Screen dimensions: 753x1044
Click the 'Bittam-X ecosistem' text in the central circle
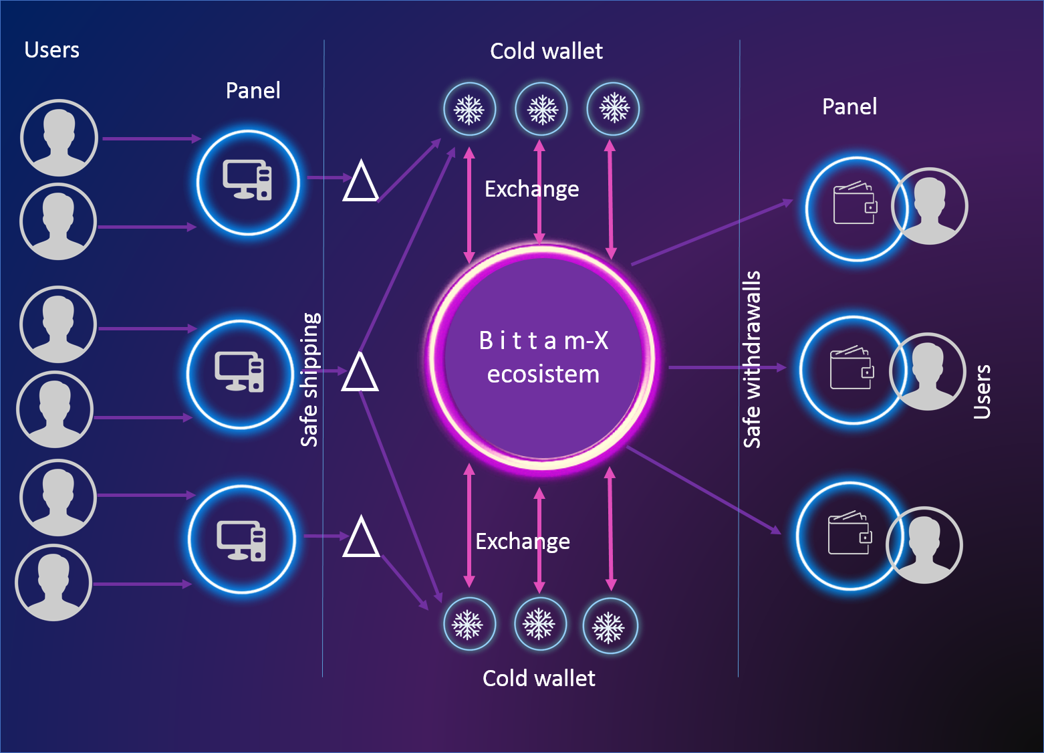pyautogui.click(x=543, y=357)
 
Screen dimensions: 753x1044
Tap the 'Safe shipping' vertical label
pyautogui.click(x=309, y=379)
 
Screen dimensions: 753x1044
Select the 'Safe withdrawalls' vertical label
pyautogui.click(x=752, y=359)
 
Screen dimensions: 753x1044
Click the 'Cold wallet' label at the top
pyautogui.click(x=546, y=51)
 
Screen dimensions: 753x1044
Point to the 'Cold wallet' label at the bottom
pyautogui.click(x=539, y=678)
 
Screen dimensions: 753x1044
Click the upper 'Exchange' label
pyautogui.click(x=531, y=189)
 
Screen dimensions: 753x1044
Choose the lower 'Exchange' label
pyautogui.click(x=523, y=541)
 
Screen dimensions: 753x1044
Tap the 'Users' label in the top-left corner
pyautogui.click(x=51, y=50)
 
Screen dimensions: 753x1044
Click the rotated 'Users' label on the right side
pyautogui.click(x=982, y=392)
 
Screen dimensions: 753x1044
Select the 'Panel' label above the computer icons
pyautogui.click(x=253, y=90)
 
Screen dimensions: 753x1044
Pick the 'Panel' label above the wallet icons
pyautogui.click(x=849, y=106)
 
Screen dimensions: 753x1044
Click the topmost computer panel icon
pyautogui.click(x=248, y=182)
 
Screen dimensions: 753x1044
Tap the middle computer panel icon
pyautogui.click(x=239, y=373)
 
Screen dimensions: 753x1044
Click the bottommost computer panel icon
pyautogui.click(x=241, y=539)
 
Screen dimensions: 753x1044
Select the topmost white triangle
pyautogui.click(x=361, y=182)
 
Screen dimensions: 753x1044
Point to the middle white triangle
pyautogui.click(x=360, y=373)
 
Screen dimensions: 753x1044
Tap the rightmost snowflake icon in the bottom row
pyautogui.click(x=609, y=627)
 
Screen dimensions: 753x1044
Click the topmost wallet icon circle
pyautogui.click(x=855, y=208)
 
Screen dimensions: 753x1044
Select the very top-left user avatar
pyautogui.click(x=59, y=138)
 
